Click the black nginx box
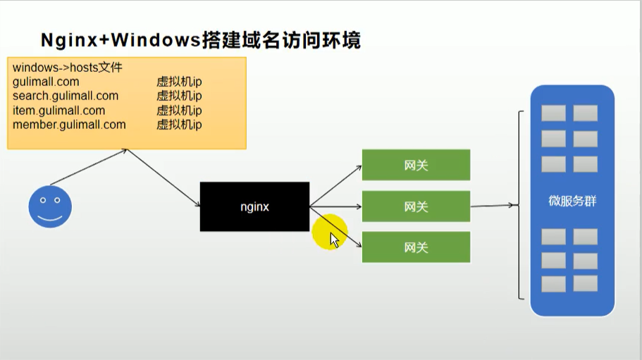[x=254, y=206]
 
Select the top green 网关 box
[x=416, y=166]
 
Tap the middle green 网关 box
[x=416, y=206]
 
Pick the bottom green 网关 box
[x=416, y=247]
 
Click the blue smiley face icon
[x=49, y=206]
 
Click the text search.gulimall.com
[x=66, y=96]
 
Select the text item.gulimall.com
[x=58, y=110]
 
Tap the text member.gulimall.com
[x=69, y=125]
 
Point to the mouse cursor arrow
[x=334, y=240]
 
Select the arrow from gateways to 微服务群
[x=493, y=206]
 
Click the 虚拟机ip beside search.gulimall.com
[x=179, y=96]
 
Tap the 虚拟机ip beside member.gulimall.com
[x=179, y=125]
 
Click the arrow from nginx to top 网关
[x=335, y=185]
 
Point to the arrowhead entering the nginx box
[x=197, y=204]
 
